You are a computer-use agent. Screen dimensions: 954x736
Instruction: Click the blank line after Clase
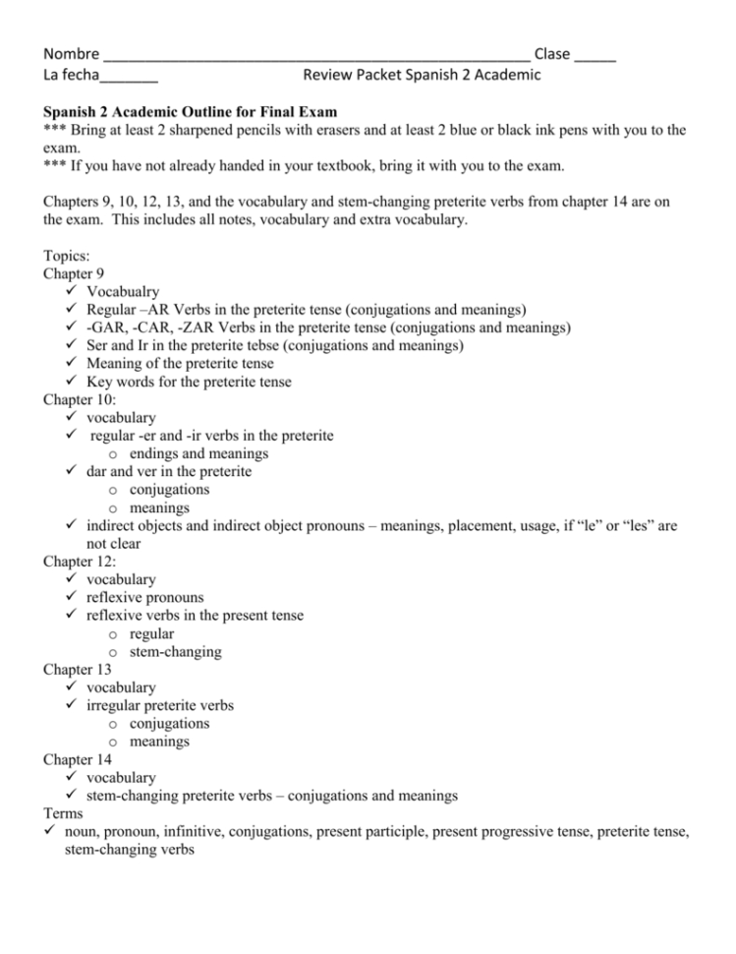[595, 58]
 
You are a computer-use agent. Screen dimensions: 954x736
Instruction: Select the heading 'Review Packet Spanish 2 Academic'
[422, 75]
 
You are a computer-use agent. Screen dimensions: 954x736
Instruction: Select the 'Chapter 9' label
[75, 273]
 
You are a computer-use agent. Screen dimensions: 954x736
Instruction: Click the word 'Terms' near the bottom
[64, 813]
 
